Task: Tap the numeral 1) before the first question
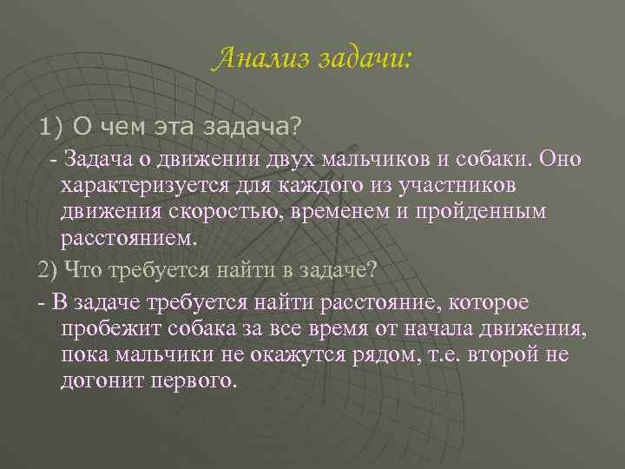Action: (51, 128)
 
